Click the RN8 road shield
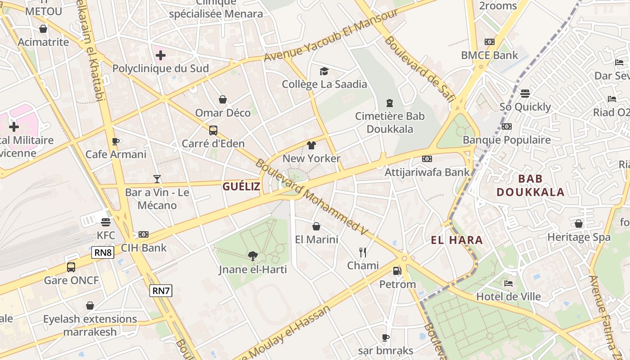point(103,252)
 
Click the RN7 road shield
point(161,291)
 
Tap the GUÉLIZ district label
point(241,186)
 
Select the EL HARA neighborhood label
point(457,240)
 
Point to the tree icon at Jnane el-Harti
point(253,256)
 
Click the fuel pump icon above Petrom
point(397,271)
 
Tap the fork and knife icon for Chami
point(363,252)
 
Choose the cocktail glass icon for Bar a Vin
point(157,179)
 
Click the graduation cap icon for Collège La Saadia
point(324,71)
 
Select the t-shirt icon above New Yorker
point(311,145)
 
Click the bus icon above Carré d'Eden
point(213,130)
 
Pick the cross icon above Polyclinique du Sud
point(160,55)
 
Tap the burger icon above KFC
point(106,222)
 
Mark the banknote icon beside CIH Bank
point(144,234)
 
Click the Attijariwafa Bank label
point(427,172)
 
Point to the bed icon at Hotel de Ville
point(508,283)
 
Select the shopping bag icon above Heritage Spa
point(579,224)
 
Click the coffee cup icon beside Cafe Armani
point(116,141)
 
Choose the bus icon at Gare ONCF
point(71,267)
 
